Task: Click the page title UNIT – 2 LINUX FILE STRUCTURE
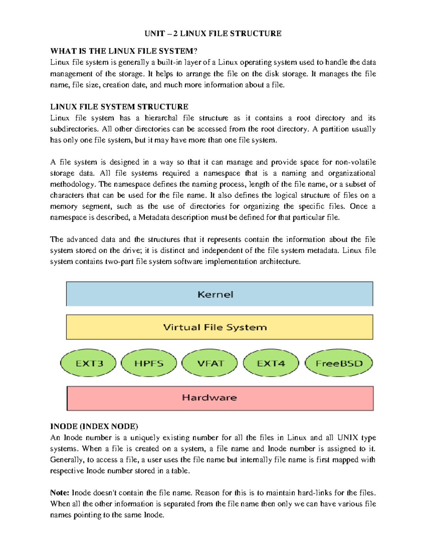click(213, 33)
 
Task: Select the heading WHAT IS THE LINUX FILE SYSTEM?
click(124, 51)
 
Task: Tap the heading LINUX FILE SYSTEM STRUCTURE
click(119, 107)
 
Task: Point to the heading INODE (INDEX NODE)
click(94, 426)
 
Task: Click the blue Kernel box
click(219, 294)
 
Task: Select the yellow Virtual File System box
click(219, 327)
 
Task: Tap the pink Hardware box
click(220, 398)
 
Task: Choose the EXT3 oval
click(89, 363)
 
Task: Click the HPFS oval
click(149, 363)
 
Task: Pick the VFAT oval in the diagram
click(210, 363)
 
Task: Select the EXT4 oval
click(271, 363)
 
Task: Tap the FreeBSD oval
click(339, 363)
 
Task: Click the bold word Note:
click(59, 493)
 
